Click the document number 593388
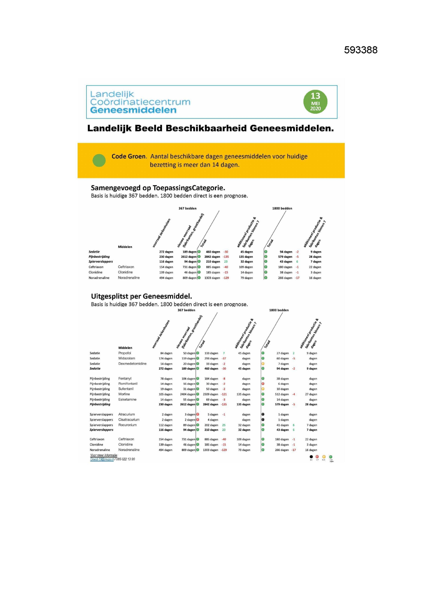(x=361, y=50)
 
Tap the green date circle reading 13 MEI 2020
(x=315, y=102)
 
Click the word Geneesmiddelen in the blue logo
(x=133, y=110)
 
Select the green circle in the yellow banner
(x=99, y=160)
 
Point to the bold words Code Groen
(x=129, y=156)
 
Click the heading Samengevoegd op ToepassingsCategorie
(x=158, y=188)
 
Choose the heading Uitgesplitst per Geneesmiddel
(x=141, y=296)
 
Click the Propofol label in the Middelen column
(x=125, y=353)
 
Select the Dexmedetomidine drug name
(x=132, y=364)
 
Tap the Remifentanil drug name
(x=128, y=384)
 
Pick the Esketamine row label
(x=127, y=400)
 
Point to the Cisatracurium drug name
(x=129, y=420)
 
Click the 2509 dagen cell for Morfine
(x=210, y=394)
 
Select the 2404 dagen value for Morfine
(x=188, y=394)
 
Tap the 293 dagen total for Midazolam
(x=211, y=358)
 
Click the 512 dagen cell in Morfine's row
(x=282, y=394)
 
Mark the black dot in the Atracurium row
(x=263, y=414)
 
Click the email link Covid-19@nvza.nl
(x=102, y=459)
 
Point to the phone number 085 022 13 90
(x=125, y=459)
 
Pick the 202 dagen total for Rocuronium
(x=211, y=425)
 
